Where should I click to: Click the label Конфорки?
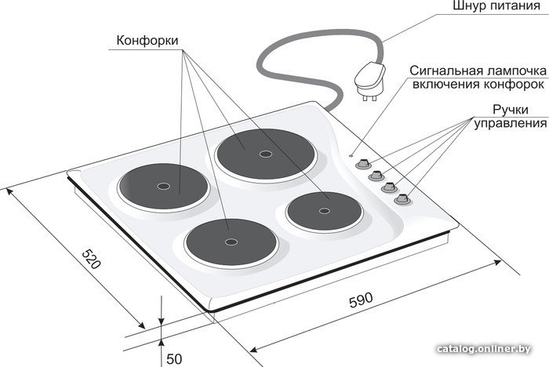147,41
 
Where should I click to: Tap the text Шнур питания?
496,6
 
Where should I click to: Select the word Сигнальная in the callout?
444,71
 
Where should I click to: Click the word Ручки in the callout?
510,110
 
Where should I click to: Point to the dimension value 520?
92,259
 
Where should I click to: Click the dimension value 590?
362,300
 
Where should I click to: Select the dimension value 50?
174,359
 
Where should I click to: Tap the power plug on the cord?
370,80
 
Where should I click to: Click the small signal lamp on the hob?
351,155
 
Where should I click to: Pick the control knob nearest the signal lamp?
363,164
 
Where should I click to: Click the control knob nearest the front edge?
402,199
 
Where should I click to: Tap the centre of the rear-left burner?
163,186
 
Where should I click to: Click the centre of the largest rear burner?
266,154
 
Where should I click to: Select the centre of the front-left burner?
231,242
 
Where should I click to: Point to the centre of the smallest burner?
324,210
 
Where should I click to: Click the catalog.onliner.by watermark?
484,349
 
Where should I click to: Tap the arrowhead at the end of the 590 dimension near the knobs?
497,262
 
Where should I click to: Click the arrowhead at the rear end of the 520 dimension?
9,192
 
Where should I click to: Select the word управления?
510,124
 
